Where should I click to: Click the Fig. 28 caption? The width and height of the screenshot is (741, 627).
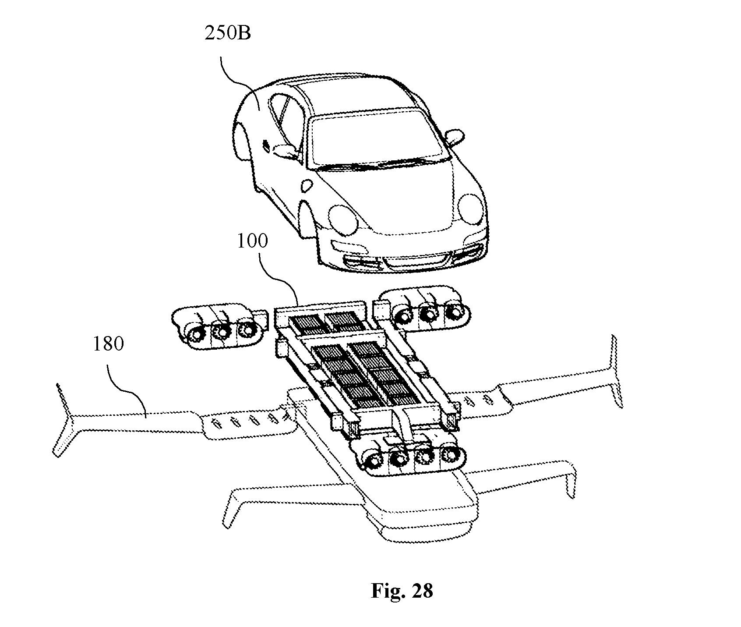tap(402, 591)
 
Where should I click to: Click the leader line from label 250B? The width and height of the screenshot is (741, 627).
tap(236, 73)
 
